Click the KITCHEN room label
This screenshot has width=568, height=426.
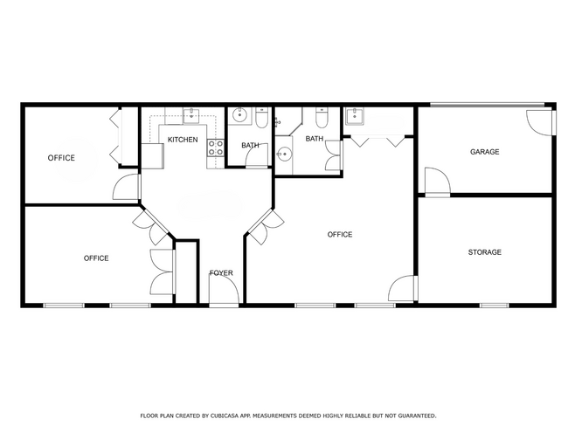point(183,140)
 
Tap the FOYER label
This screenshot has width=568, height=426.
point(221,273)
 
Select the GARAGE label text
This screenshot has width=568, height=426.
point(484,152)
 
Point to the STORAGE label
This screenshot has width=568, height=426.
point(485,252)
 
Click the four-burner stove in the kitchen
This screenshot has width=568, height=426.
point(216,148)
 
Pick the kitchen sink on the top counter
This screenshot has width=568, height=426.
point(190,116)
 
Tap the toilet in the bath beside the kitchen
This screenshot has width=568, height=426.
point(261,118)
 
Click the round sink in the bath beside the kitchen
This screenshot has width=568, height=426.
point(239,115)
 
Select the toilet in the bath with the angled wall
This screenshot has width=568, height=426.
point(322,118)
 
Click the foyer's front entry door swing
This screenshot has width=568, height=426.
point(225,288)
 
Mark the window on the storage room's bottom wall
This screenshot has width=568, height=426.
point(494,306)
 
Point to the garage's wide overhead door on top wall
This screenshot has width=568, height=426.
point(488,105)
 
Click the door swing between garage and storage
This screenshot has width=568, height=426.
point(437,182)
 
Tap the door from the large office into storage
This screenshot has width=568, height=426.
point(403,288)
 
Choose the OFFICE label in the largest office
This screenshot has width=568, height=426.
point(339,235)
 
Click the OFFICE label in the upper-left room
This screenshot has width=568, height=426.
point(61,158)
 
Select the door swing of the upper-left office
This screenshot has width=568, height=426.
point(127,187)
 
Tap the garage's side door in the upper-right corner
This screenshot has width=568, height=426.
point(540,122)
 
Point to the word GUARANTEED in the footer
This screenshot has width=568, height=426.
point(417,416)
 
